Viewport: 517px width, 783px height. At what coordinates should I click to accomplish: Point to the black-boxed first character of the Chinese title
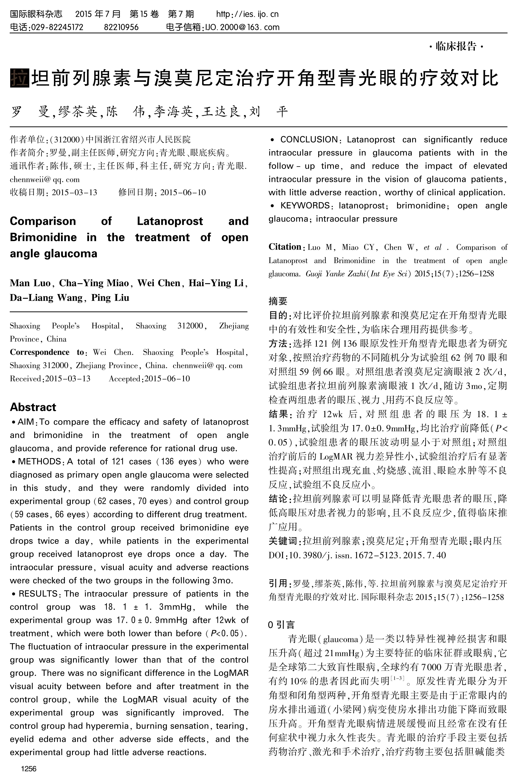(20, 78)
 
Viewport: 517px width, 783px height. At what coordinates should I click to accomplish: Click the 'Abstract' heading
(33, 407)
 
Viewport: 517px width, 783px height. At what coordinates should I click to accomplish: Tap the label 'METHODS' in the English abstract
(40, 462)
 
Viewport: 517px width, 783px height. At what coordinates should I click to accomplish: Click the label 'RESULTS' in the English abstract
(38, 594)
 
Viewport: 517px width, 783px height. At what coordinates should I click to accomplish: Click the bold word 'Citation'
(285, 247)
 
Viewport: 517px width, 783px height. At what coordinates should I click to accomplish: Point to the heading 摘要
(278, 301)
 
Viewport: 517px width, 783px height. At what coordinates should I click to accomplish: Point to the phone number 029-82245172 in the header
(57, 27)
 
